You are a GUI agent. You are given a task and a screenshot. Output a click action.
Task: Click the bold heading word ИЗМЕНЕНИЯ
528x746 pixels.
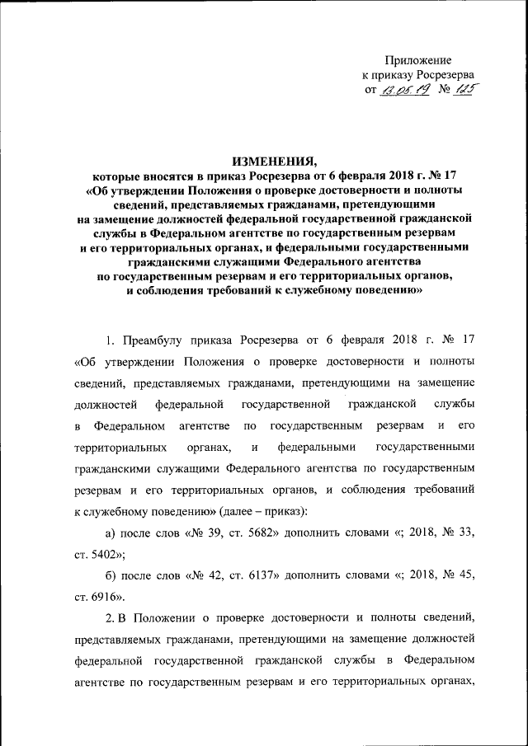(x=274, y=161)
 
